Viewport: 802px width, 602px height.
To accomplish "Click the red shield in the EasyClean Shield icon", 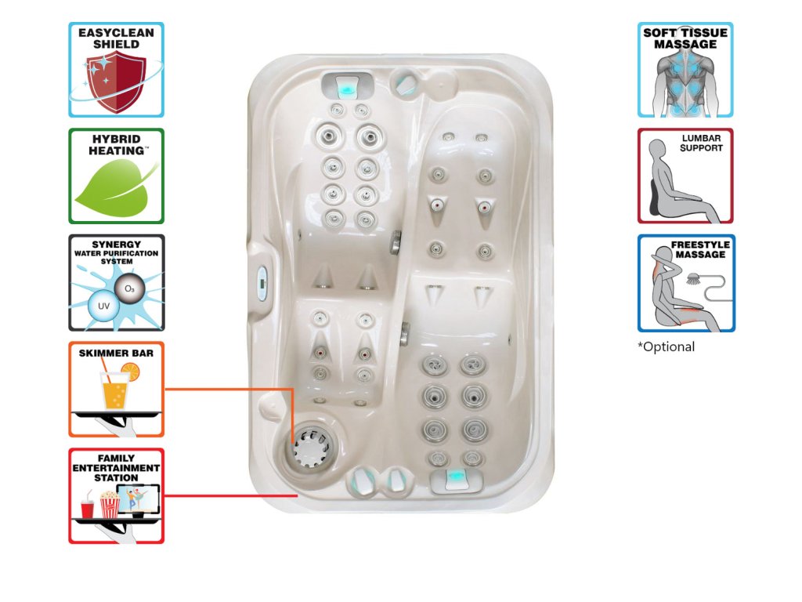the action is coord(114,84).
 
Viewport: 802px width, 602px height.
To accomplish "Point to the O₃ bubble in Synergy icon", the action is coord(128,289).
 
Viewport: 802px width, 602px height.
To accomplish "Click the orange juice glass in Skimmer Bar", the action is coord(114,390).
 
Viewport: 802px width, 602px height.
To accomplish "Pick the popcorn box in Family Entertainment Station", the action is coord(109,505).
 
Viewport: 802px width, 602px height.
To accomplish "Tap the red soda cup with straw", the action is coord(88,508).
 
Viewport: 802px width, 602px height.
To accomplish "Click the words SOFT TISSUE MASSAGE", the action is coord(685,38).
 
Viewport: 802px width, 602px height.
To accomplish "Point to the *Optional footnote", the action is coord(666,346).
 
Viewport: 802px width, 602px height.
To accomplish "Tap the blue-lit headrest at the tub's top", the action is coord(345,85).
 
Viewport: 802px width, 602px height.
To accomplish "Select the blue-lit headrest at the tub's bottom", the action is coord(455,478).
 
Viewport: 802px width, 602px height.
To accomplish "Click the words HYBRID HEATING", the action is coord(116,144).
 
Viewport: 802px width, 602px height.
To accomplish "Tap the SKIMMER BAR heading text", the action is coord(116,354).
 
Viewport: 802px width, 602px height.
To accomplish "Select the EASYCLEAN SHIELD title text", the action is coord(116,38).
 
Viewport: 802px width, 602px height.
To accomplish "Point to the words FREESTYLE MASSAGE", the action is coord(702,249).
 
